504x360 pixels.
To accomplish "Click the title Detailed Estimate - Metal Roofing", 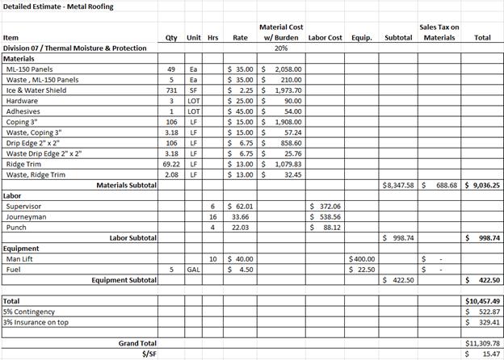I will (58, 6).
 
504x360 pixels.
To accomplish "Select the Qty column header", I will (171, 37).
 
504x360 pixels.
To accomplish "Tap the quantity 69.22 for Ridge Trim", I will (170, 164).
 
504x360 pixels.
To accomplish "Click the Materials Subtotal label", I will (127, 185).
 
